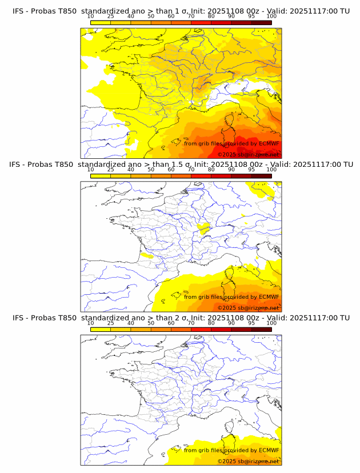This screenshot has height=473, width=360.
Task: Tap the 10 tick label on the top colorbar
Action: click(90, 17)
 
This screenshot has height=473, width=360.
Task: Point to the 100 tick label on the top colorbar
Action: click(271, 17)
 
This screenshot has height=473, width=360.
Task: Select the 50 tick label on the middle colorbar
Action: click(151, 170)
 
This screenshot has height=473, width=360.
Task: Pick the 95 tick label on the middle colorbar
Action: click(251, 170)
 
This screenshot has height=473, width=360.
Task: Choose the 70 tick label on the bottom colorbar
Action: click(191, 323)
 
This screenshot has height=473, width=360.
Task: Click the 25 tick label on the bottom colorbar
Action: click(110, 323)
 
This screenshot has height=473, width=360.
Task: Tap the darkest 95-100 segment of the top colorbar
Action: click(261, 22)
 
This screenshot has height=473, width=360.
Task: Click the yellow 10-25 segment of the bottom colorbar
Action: click(101, 329)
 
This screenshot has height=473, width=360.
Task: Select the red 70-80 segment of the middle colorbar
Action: click(201, 176)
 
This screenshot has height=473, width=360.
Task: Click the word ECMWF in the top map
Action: click(269, 143)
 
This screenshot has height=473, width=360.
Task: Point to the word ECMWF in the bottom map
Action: click(269, 451)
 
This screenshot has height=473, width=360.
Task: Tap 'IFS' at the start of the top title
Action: click(18, 11)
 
